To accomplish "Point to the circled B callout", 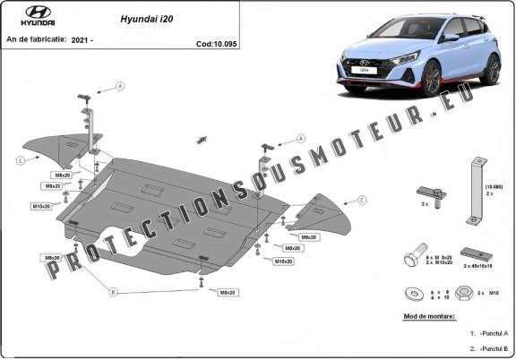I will [113, 292].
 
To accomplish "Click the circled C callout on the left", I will [19, 160].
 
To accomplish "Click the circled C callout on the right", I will [363, 200].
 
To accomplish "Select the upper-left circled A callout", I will [121, 86].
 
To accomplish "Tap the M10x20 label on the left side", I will [41, 206].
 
